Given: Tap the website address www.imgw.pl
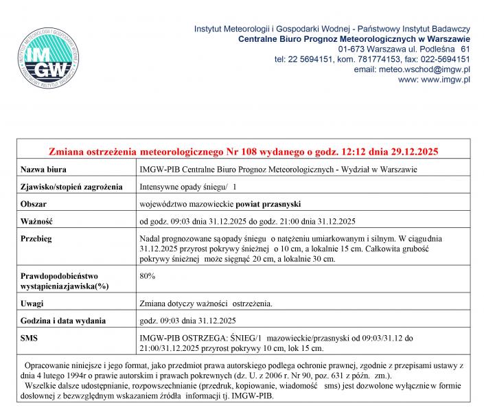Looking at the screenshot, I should point(444,80).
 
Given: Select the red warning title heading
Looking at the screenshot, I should point(244,150).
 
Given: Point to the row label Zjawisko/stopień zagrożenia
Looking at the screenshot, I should point(71,186).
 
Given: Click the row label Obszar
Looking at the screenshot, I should point(34,204).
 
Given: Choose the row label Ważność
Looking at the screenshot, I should point(36,221).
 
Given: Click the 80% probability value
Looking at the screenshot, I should point(147,275).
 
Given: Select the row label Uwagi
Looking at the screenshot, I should point(32,303).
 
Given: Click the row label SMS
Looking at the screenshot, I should point(29,338).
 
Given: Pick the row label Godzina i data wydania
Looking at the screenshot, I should point(62,320).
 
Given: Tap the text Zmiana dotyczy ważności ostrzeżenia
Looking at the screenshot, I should point(206,303).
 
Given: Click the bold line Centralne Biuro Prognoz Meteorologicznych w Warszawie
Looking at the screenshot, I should point(354,39).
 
